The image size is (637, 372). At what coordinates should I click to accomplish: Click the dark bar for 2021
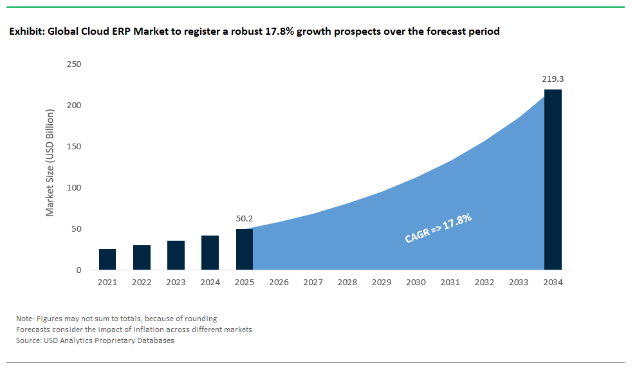click(107, 259)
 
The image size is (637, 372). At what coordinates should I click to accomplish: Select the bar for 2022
click(142, 257)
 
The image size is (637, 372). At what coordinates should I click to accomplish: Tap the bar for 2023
click(176, 255)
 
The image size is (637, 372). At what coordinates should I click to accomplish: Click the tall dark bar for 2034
click(553, 180)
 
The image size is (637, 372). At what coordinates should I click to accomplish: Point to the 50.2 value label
click(245, 219)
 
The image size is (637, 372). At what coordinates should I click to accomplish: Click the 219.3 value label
click(553, 79)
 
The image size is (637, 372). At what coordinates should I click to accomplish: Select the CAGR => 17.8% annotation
click(438, 228)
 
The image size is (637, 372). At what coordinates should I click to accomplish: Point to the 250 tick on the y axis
click(74, 64)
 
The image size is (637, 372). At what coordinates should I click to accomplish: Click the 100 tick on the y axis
click(74, 188)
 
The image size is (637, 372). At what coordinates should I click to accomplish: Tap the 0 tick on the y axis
click(78, 270)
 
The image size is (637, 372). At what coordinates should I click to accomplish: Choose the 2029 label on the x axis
click(382, 282)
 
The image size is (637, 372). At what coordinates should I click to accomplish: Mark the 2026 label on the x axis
click(279, 282)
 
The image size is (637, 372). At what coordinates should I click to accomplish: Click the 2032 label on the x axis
click(485, 282)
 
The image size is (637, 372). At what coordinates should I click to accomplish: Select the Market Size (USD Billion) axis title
click(50, 162)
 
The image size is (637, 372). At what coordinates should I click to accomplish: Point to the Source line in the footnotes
click(95, 340)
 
